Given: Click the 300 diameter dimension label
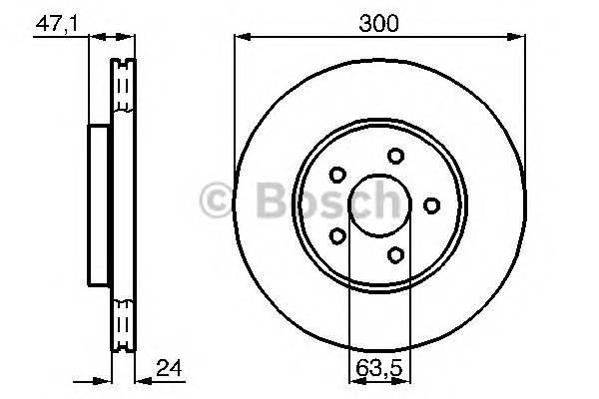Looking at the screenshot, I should pos(378,22).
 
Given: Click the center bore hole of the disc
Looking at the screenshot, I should pos(378,205).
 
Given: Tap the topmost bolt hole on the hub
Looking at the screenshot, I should pos(396,156).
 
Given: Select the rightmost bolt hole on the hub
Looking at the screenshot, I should pos(431,204).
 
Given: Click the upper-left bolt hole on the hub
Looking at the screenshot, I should pos(337,175).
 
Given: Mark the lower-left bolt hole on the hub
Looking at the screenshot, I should pos(337,235).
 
